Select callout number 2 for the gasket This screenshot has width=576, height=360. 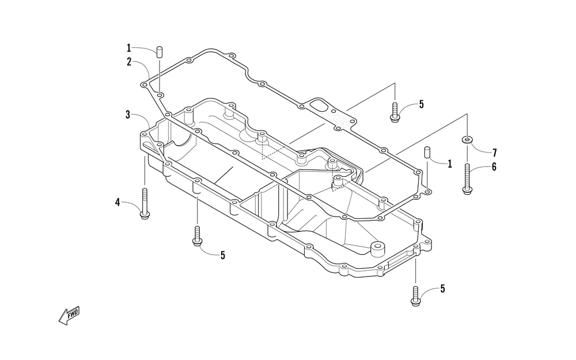coord(130,62)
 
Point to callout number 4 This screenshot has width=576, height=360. coord(118,202)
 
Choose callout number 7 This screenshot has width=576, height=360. coord(494,153)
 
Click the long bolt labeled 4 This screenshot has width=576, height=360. coord(145,203)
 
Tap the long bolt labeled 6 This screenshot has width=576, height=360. coord(467,179)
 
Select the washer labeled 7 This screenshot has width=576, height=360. coord(467,139)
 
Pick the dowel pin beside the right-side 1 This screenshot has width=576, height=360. coord(427,153)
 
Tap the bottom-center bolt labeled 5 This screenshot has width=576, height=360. coord(197,236)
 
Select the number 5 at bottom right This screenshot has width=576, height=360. coord(442,289)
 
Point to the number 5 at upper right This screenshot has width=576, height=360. coord(421,104)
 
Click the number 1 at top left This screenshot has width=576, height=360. coord(130,48)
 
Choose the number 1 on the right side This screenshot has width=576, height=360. coord(450,164)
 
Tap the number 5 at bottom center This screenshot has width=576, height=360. coord(222,255)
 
